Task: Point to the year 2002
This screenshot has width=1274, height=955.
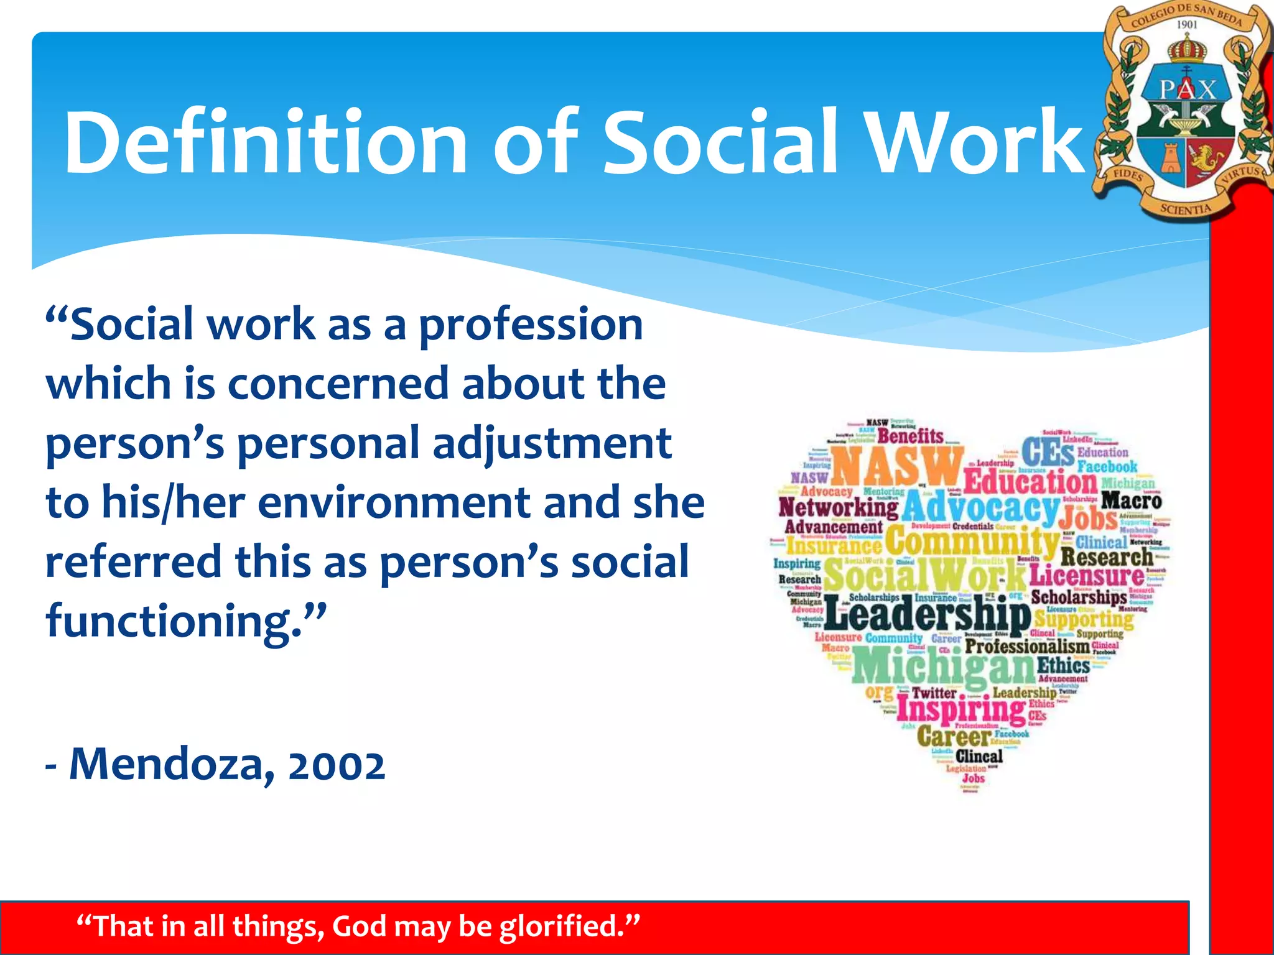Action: point(337,765)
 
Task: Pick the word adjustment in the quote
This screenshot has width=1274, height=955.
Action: point(552,443)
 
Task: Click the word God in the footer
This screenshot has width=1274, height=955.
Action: point(360,926)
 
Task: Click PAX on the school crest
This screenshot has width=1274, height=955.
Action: point(1187,89)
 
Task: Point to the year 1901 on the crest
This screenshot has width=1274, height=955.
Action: point(1187,24)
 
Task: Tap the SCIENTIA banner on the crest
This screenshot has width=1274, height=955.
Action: point(1186,209)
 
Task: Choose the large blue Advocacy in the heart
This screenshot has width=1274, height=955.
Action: point(980,507)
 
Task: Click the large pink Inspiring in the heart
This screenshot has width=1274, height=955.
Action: point(961,709)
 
